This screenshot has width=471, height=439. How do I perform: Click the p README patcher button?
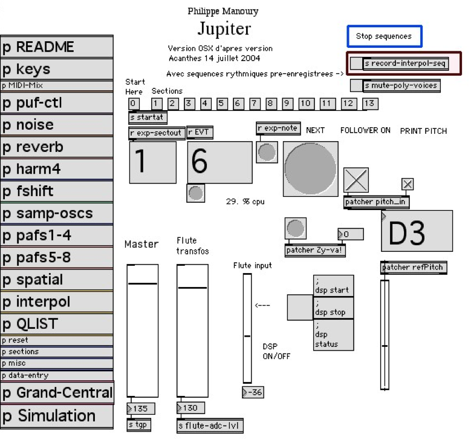coord(57,47)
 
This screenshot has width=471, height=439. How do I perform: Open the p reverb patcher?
coord(57,147)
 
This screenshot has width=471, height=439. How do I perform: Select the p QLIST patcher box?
coord(57,323)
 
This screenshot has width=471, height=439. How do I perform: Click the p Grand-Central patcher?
coord(57,392)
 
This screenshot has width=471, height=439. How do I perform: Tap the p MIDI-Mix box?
coord(57,86)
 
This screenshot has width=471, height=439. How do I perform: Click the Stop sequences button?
coord(384,36)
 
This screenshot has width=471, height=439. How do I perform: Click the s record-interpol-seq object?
coord(404,63)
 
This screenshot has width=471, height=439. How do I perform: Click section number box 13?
coord(369,104)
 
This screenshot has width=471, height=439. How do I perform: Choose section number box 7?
coord(255,104)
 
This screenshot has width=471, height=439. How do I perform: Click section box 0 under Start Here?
coord(134,104)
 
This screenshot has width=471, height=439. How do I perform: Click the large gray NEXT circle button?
coord(310,169)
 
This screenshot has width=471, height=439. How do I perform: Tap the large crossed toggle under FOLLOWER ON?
coord(356,180)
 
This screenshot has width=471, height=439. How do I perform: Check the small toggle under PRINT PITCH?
coord(408,184)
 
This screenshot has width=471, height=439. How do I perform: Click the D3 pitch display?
coord(417,231)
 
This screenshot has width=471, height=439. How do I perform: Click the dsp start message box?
coord(333,286)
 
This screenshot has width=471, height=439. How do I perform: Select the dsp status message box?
coord(333,334)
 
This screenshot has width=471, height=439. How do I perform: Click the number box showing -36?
coord(253,392)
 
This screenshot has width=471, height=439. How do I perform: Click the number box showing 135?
coord(140,408)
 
